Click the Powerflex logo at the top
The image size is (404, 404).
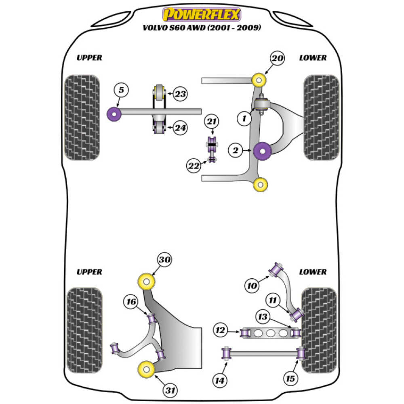202,15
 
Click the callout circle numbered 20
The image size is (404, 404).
278,59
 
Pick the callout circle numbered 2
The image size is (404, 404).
236,151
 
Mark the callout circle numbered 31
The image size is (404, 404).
170,390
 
